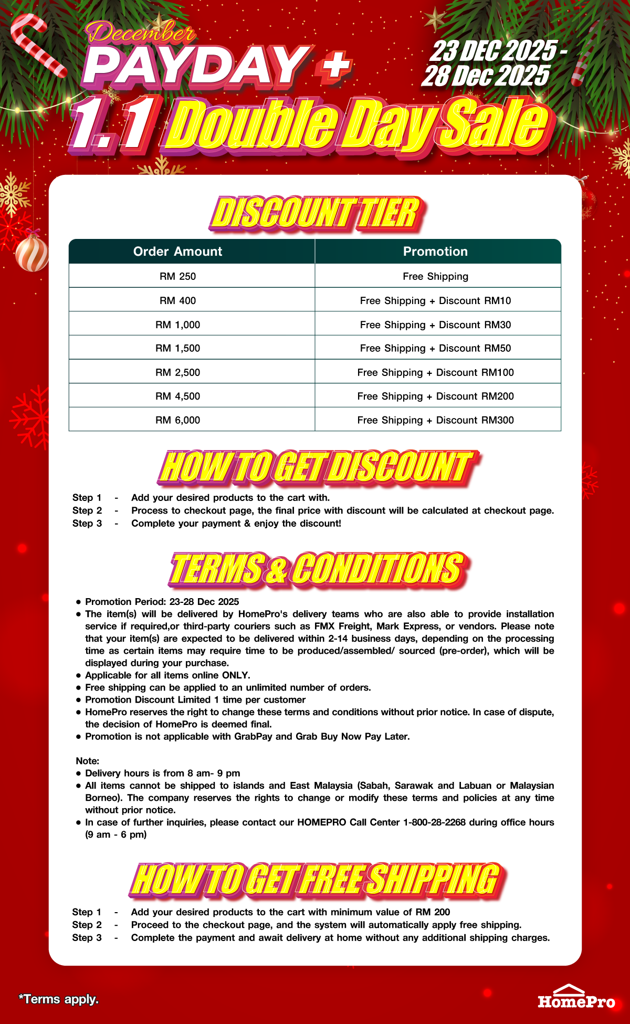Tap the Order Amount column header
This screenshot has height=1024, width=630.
coord(177,252)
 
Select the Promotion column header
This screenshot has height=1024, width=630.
coord(435,252)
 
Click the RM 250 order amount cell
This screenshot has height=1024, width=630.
coord(177,276)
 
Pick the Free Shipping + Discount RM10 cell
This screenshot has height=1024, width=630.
coord(435,300)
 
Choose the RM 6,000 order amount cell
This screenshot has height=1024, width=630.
coord(177,420)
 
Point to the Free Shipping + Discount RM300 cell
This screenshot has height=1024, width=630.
coord(435,420)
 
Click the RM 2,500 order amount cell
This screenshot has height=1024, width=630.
coord(177,372)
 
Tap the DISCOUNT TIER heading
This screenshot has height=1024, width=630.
coord(316,213)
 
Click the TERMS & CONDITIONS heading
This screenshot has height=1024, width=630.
coord(317,569)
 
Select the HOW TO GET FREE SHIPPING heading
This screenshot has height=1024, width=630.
coord(316,879)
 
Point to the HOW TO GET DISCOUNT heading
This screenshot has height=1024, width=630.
coord(316,467)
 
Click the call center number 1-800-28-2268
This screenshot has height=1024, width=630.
coord(434,822)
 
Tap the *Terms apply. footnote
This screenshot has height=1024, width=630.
coord(59,999)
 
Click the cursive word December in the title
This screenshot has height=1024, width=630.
coord(141,34)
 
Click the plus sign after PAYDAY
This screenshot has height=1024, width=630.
coord(333,67)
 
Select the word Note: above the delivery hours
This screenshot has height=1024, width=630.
coord(87,761)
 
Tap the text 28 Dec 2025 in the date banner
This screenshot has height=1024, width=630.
coord(486,76)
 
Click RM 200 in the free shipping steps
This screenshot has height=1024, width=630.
coord(433,912)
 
